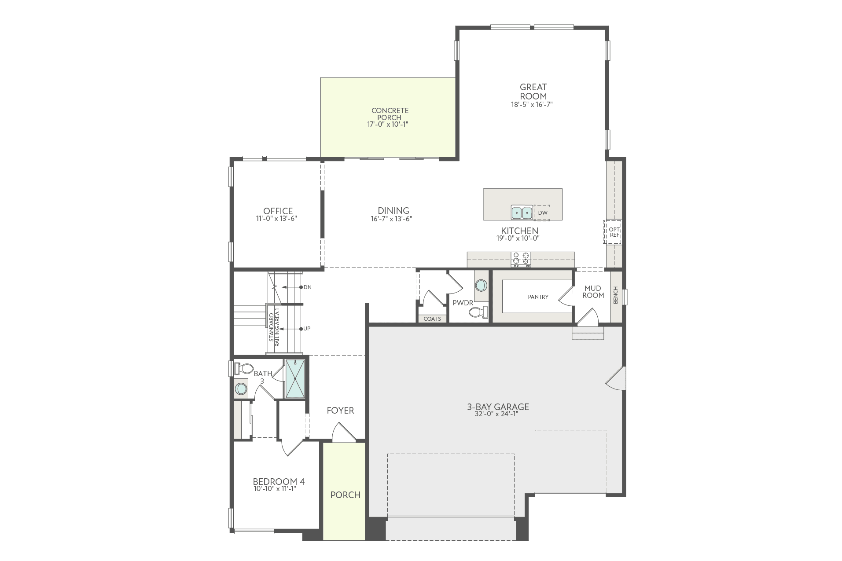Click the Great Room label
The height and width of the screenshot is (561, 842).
pos(533,92)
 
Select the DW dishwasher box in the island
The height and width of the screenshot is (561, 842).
pos(542,213)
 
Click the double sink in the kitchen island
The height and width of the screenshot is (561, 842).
pos(522,213)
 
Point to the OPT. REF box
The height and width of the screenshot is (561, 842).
pos(614,232)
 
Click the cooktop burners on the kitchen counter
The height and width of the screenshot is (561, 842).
pos(521,259)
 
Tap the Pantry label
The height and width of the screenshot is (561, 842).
pos(538,297)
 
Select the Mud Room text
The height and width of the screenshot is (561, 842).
pos(593,292)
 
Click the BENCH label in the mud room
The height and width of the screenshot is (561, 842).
pos(615,295)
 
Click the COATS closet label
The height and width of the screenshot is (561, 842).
pos(432,319)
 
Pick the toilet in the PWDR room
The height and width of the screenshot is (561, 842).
pos(478,312)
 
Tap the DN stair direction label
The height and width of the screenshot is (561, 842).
pos(307,287)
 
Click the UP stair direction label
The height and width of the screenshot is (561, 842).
pos(307,329)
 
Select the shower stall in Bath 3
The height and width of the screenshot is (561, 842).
pos(295,379)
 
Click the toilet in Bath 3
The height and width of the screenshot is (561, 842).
pos(244,368)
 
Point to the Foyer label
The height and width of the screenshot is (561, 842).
pos(340,411)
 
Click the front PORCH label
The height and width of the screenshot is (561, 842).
pos(345,495)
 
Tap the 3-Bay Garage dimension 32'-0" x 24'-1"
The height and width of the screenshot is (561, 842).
pos(497,414)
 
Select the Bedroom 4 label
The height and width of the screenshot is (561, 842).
pos(278,481)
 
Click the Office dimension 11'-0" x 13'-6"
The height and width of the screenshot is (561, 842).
pos(277,218)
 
